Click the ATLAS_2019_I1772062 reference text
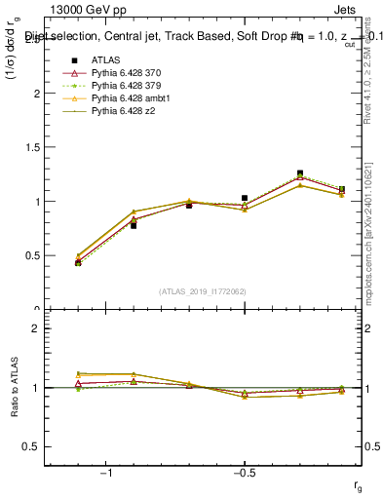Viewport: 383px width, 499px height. [x=203, y=290]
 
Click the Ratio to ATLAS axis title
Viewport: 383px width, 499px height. [x=14, y=387]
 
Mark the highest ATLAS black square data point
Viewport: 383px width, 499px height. [x=300, y=173]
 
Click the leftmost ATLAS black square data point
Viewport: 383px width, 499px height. [x=78, y=263]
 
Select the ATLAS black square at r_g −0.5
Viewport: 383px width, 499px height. [x=245, y=198]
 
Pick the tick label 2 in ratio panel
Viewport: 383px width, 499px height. [x=34, y=328]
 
